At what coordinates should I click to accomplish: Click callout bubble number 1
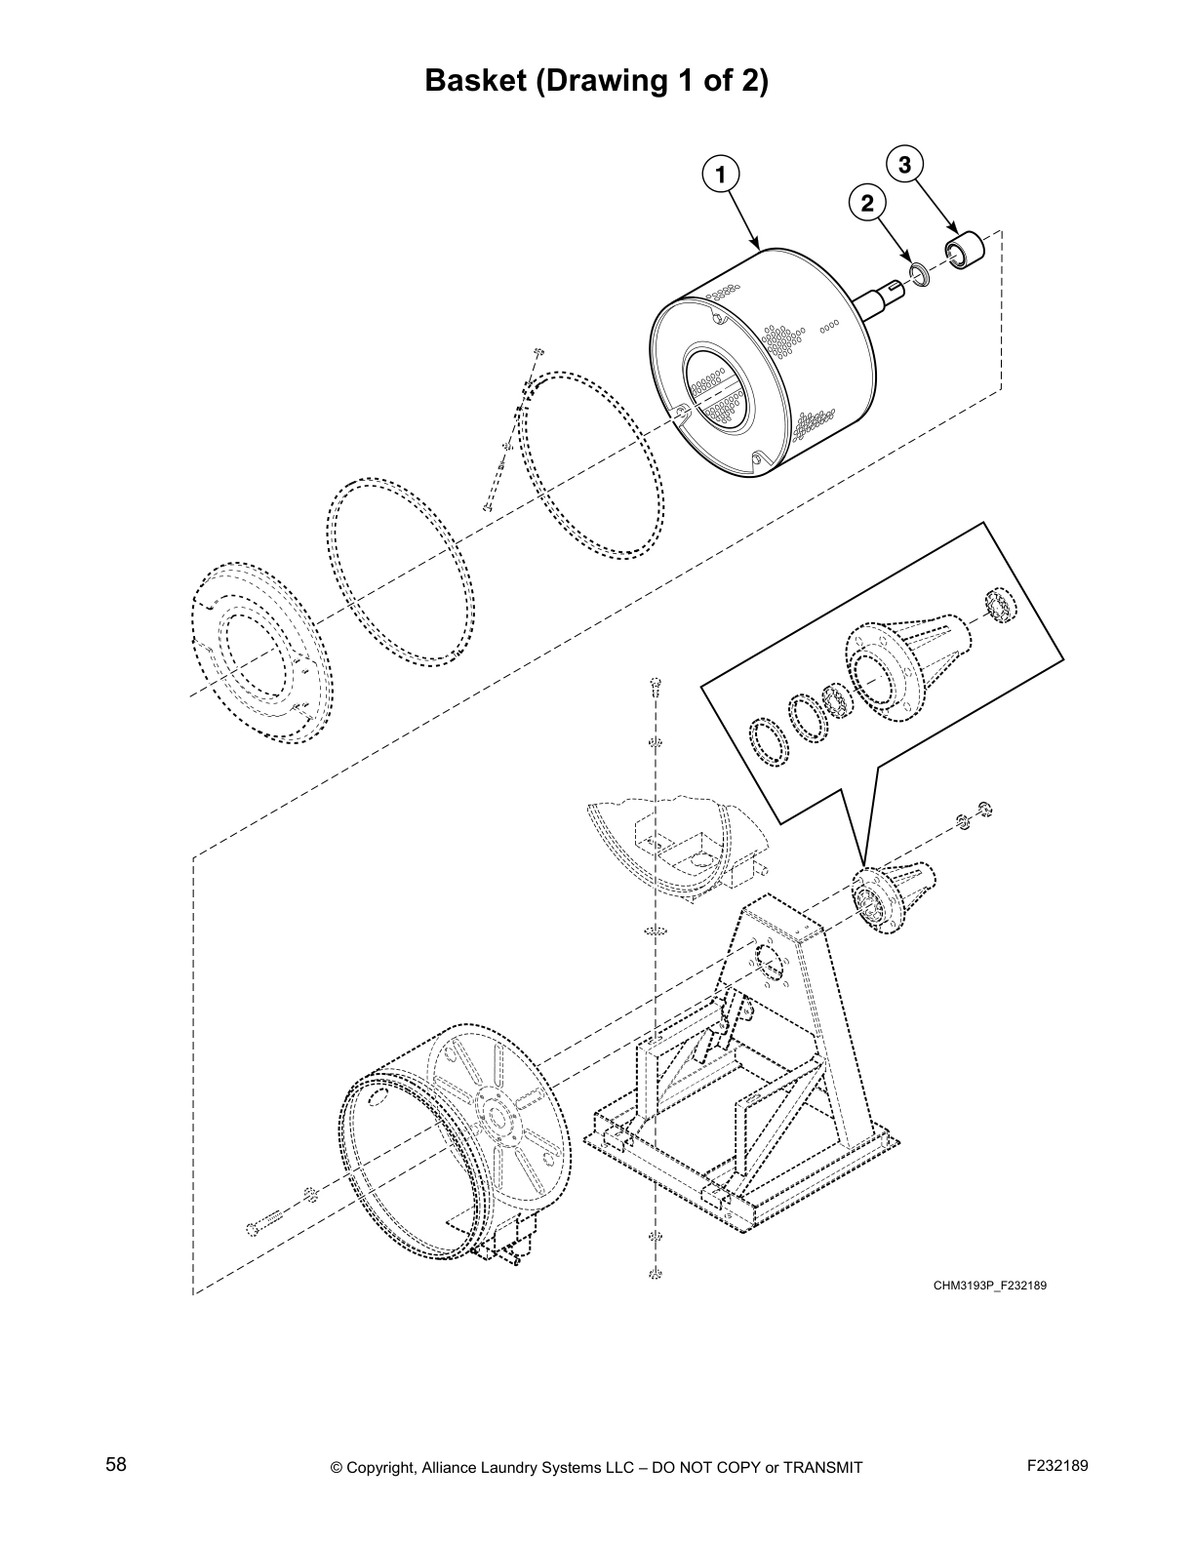[720, 175]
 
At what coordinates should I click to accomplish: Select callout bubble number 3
[904, 165]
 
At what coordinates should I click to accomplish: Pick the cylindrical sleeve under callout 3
[965, 249]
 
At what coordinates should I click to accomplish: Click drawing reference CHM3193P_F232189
[989, 1286]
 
